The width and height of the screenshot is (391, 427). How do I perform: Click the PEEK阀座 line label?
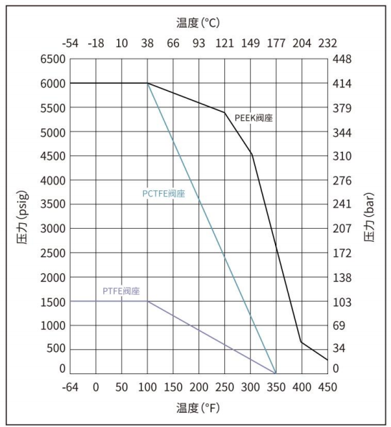[254, 118]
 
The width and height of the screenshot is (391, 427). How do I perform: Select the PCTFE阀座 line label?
[163, 193]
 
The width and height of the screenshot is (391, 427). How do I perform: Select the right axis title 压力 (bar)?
[370, 215]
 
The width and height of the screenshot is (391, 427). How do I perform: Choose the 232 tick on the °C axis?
[327, 44]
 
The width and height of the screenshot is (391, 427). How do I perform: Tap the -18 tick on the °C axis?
[96, 44]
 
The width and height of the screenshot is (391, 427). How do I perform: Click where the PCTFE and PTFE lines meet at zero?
[276, 373]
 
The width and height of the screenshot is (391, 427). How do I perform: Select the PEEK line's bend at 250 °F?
[225, 112]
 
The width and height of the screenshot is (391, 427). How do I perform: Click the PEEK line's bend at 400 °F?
[301, 342]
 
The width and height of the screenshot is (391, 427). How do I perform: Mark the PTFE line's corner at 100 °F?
[148, 301]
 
